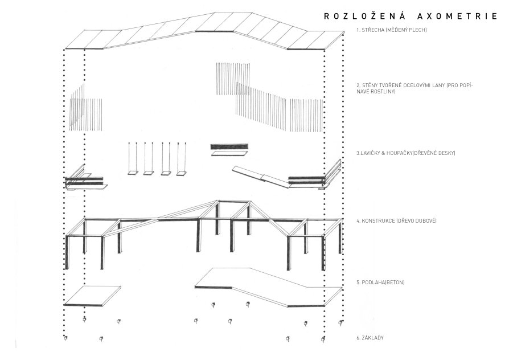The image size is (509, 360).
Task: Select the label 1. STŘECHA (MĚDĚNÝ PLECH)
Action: coord(392,30)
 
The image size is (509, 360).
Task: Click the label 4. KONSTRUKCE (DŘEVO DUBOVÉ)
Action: coord(396,221)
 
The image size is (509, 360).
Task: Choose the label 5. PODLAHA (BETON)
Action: coord(380,283)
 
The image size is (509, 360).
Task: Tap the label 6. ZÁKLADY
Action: coord(370,338)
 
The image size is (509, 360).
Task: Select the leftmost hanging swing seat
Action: coord(133,173)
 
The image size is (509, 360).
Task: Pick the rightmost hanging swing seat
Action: coord(182,174)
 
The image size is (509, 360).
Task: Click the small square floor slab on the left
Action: coord(92,296)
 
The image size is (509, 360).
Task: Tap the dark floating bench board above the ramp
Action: coord(230,146)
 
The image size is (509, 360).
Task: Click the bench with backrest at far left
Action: coord(85,178)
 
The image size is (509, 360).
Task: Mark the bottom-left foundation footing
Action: coord(65,338)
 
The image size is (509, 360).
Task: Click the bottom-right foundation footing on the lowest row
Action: coord(323,339)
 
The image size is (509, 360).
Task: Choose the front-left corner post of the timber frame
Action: coord(67,252)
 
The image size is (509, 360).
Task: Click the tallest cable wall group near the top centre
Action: coord(233,79)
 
